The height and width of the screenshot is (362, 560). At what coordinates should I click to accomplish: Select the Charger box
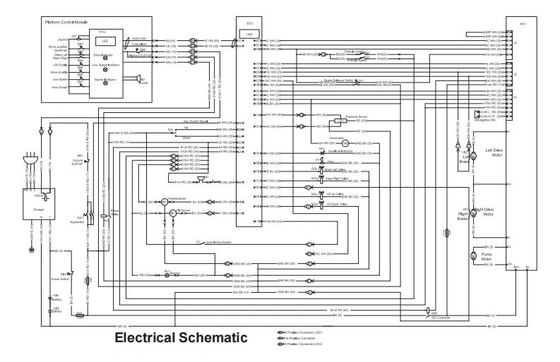coord(40,210)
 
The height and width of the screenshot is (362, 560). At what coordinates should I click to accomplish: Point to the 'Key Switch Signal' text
coord(196,122)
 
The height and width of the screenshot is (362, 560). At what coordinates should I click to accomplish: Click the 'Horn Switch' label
coord(59,88)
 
